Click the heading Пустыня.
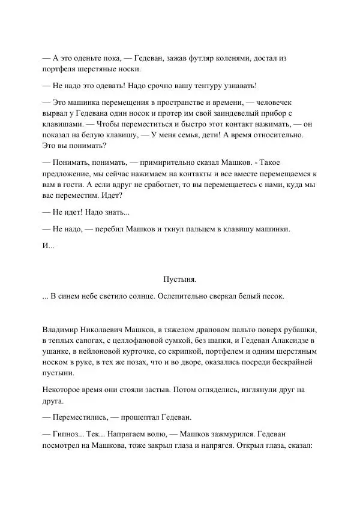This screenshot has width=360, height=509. coord(180,279)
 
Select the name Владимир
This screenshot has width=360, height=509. coord(62,329)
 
